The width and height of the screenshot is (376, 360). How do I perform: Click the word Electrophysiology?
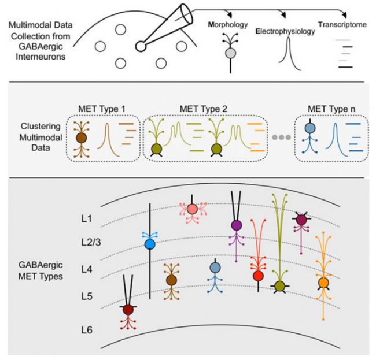click(x=285, y=31)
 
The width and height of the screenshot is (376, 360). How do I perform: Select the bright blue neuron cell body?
click(x=149, y=244)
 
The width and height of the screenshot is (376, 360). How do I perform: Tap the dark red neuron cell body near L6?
click(x=128, y=310)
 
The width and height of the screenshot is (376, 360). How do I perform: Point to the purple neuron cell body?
click(x=236, y=225)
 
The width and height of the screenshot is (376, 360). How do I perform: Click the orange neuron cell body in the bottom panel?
click(x=324, y=282)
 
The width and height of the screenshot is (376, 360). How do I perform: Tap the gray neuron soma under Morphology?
click(x=230, y=54)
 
